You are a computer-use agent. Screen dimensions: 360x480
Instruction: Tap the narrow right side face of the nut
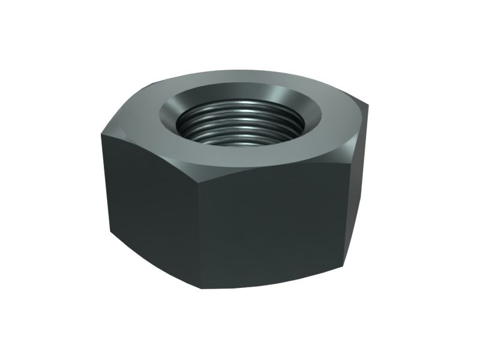(x=358, y=192)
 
